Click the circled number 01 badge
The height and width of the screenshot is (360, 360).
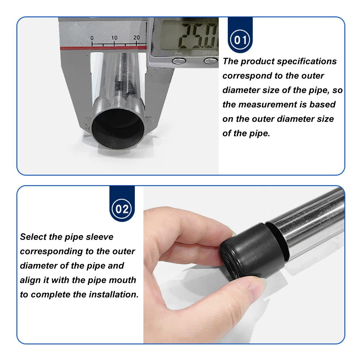pos(240,40)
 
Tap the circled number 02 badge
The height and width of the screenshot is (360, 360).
pos(122,209)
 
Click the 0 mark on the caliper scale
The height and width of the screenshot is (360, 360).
pos(92,38)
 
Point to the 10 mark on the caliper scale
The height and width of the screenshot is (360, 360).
pos(114,38)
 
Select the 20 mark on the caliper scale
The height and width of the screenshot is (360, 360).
pos(136,37)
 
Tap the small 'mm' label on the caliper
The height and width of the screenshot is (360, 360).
pos(179,54)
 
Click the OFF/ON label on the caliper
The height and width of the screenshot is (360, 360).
pos(210,53)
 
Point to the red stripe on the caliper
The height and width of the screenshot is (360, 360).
pos(103,48)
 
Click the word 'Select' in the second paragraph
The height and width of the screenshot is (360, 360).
pos(33,237)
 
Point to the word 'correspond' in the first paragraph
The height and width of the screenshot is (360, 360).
pos(246,76)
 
